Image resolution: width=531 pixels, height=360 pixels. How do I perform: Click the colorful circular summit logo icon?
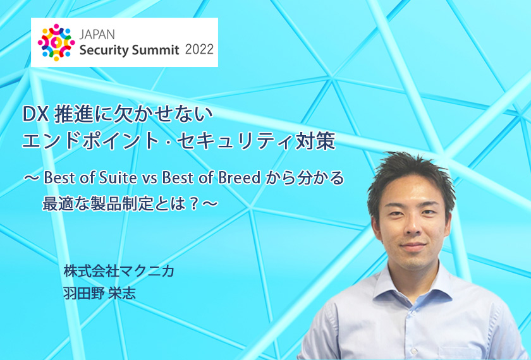[x=56, y=42]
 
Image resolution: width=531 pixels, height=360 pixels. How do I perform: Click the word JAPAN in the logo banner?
[x=97, y=34]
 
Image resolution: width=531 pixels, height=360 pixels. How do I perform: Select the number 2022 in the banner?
[x=199, y=49]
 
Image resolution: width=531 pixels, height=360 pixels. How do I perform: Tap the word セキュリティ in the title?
[x=234, y=141]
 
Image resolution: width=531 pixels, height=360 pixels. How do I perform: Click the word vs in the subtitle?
[x=149, y=179]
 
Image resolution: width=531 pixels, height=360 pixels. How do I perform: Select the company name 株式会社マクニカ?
[x=119, y=271]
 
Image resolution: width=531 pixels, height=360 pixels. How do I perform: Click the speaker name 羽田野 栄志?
[x=100, y=292]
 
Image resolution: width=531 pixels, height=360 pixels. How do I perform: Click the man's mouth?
[x=413, y=246]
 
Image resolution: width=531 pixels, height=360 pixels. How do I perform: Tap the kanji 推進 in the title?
[x=74, y=115]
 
